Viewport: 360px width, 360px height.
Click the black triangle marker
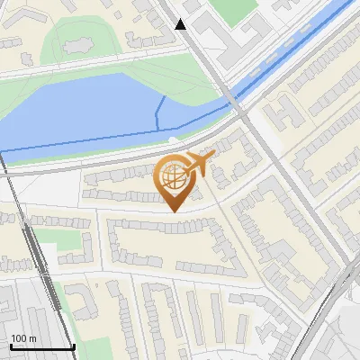(181, 24)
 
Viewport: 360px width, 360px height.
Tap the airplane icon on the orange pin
(199, 164)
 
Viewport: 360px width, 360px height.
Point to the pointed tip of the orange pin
(174, 211)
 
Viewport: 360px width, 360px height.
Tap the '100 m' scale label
(24, 338)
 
